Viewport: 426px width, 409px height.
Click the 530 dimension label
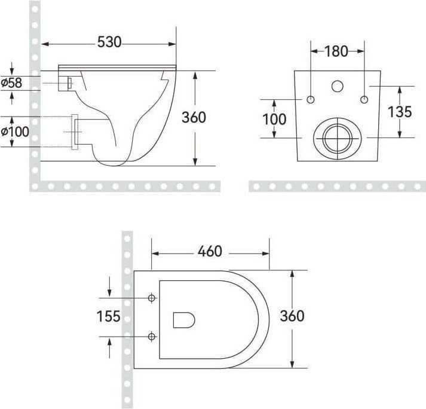click(109, 42)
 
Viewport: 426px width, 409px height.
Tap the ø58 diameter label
click(11, 83)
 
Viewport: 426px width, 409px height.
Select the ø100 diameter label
click(15, 132)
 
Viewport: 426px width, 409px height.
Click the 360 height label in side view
click(194, 117)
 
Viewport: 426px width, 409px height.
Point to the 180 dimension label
click(336, 51)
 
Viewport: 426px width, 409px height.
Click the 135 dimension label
click(400, 112)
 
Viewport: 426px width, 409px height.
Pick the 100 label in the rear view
click(274, 119)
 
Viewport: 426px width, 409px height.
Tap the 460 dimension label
click(210, 251)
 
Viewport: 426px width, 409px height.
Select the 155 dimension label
click(108, 316)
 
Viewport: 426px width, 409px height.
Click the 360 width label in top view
click(292, 316)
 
